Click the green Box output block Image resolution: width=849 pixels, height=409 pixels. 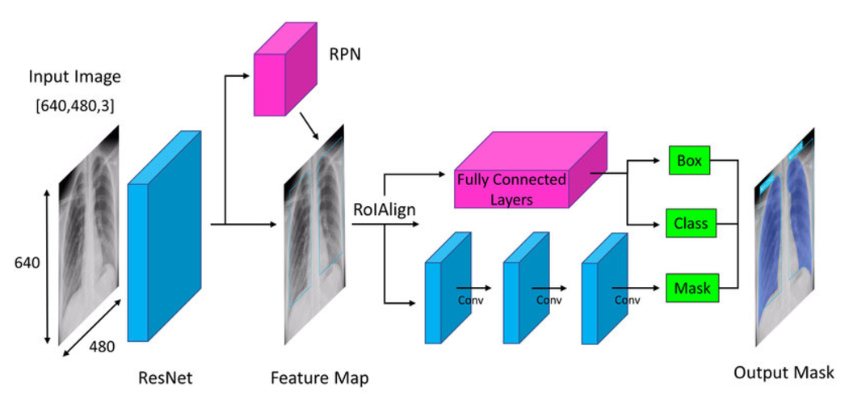(x=689, y=161)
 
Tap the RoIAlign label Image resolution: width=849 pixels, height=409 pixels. (x=384, y=210)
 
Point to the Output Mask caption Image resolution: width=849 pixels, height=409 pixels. (x=783, y=373)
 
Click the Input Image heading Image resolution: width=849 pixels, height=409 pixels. (x=74, y=78)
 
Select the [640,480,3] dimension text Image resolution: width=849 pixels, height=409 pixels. (x=74, y=105)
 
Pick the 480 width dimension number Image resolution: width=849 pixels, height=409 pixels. (x=102, y=347)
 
